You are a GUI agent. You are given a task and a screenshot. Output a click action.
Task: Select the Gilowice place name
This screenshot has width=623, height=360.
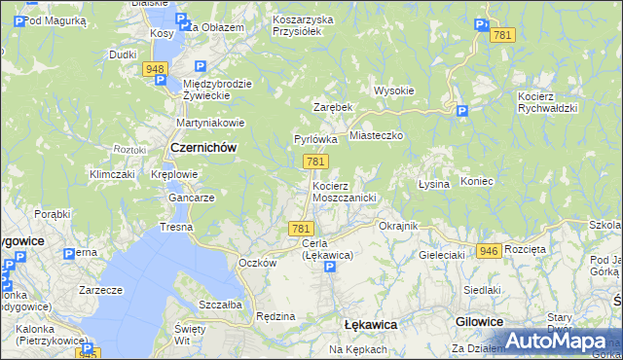point(478,321)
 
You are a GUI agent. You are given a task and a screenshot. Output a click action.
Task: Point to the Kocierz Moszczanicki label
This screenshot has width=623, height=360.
point(344,191)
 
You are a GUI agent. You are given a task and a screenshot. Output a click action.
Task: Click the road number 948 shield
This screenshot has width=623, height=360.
point(154,69)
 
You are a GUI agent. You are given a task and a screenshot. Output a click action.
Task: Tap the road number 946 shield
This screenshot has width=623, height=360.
point(489,251)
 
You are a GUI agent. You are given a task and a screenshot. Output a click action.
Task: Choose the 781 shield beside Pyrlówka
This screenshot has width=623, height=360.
point(313,162)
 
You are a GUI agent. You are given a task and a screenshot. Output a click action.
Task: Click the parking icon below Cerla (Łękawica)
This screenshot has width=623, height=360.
point(329,266)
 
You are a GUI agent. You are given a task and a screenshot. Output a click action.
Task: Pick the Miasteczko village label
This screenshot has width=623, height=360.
point(376,137)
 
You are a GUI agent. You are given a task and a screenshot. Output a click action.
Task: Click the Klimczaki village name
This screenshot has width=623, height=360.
point(111,174)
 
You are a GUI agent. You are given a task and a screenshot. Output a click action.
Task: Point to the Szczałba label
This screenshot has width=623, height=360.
point(219,304)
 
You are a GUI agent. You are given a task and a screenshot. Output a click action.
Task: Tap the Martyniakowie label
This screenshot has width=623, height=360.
point(206,124)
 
